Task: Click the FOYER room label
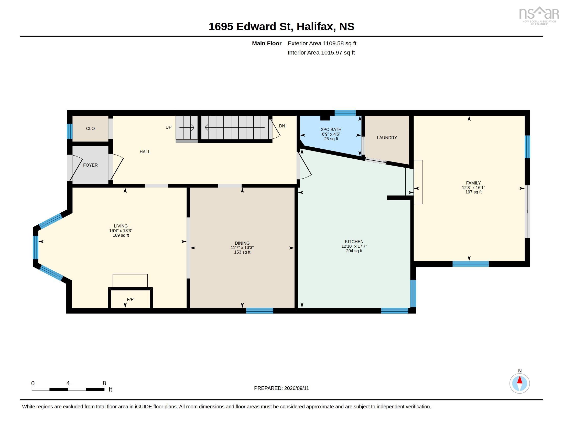tap(90, 165)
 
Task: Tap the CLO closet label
tap(90, 128)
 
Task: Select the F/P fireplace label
tap(130, 299)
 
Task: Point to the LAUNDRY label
tap(387, 138)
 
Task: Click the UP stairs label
tap(168, 127)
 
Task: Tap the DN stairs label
tap(282, 126)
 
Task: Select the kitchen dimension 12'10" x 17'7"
tap(354, 246)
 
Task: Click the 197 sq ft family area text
tap(473, 192)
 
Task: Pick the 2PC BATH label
tap(331, 129)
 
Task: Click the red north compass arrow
tap(520, 380)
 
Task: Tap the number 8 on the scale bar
tap(104, 383)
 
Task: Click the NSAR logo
tap(538, 15)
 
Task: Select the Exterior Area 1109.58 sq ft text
tap(322, 43)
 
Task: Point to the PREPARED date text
tap(281, 388)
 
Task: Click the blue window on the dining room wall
tap(259, 311)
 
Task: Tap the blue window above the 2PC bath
tap(345, 113)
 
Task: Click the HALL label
tap(145, 152)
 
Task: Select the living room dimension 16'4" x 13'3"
tap(121, 231)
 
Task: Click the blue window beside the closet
tap(70, 132)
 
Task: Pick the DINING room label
tap(242, 243)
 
